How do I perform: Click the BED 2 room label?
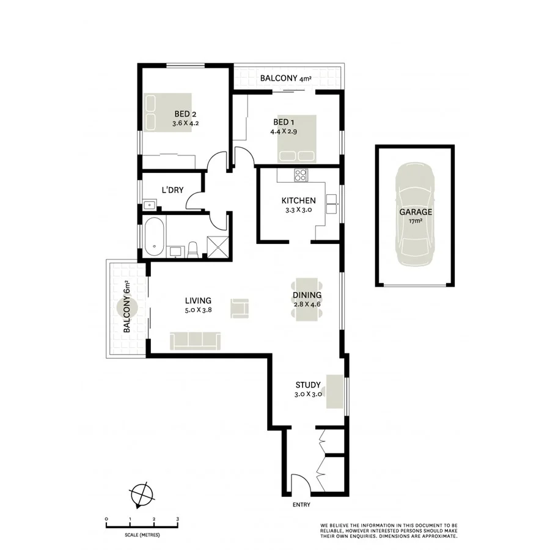(184, 113)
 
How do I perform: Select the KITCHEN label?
(298, 200)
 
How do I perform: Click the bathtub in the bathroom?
(154, 237)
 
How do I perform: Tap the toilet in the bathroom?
(193, 249)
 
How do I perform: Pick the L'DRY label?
(172, 190)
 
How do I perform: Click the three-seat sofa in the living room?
(196, 340)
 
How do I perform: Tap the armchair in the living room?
(240, 307)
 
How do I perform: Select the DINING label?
(307, 295)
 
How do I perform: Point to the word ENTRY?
(301, 505)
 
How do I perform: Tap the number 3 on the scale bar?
(177, 519)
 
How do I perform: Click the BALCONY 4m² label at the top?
(285, 78)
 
